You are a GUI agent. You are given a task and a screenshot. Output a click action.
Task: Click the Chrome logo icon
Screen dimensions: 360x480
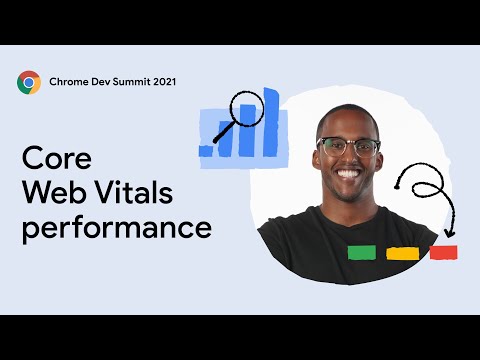tap(29, 82)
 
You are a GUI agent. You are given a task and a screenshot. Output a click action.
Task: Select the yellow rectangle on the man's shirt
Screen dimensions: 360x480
tap(402, 253)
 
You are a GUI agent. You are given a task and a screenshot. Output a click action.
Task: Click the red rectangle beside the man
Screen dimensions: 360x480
tap(443, 252)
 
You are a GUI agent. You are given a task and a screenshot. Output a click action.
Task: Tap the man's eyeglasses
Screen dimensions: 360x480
tap(348, 147)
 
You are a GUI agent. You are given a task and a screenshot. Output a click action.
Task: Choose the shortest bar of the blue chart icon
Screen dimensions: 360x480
tap(207, 150)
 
